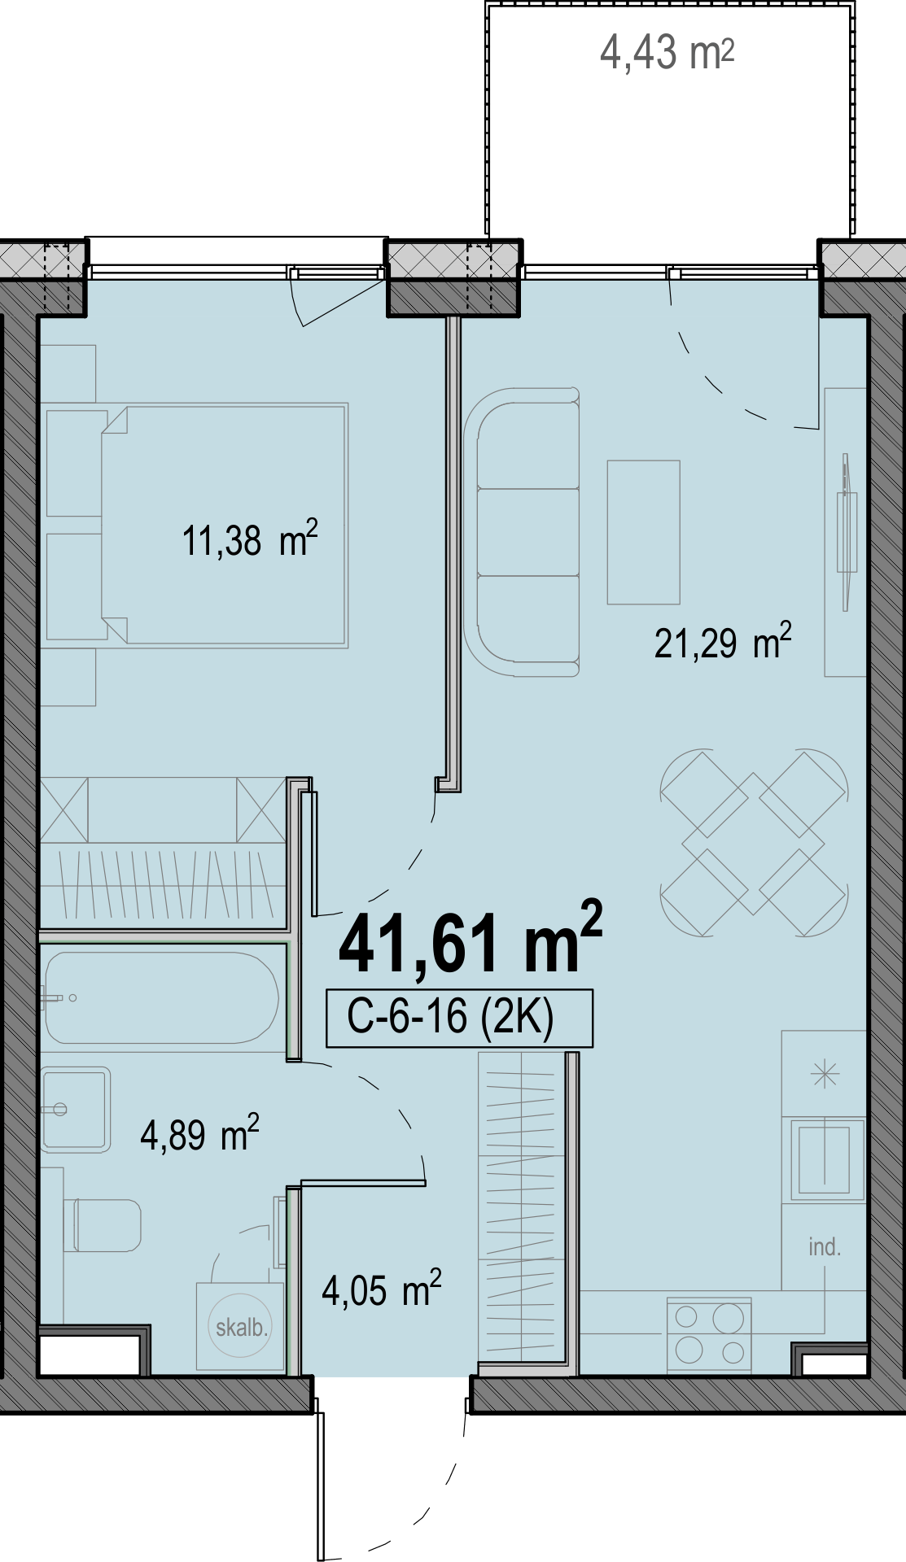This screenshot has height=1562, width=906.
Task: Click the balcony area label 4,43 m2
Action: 667,53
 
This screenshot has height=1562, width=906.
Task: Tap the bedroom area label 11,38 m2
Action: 249,540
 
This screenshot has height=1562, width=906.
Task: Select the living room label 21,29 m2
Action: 723,642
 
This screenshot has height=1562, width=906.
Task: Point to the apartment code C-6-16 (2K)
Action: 450,1017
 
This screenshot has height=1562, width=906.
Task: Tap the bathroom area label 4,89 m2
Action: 199,1134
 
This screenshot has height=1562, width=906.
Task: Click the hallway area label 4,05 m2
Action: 381,1289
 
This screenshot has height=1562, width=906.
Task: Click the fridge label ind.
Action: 825,1247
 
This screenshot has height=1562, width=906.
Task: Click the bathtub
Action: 162,997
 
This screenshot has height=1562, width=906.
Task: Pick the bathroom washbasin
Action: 76,1109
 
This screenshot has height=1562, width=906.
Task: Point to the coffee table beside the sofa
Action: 643,532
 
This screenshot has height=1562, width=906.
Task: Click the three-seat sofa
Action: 522,532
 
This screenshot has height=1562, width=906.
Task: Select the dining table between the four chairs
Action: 754,843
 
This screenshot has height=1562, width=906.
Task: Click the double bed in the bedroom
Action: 225,525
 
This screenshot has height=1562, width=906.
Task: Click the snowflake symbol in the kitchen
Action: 825,1076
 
